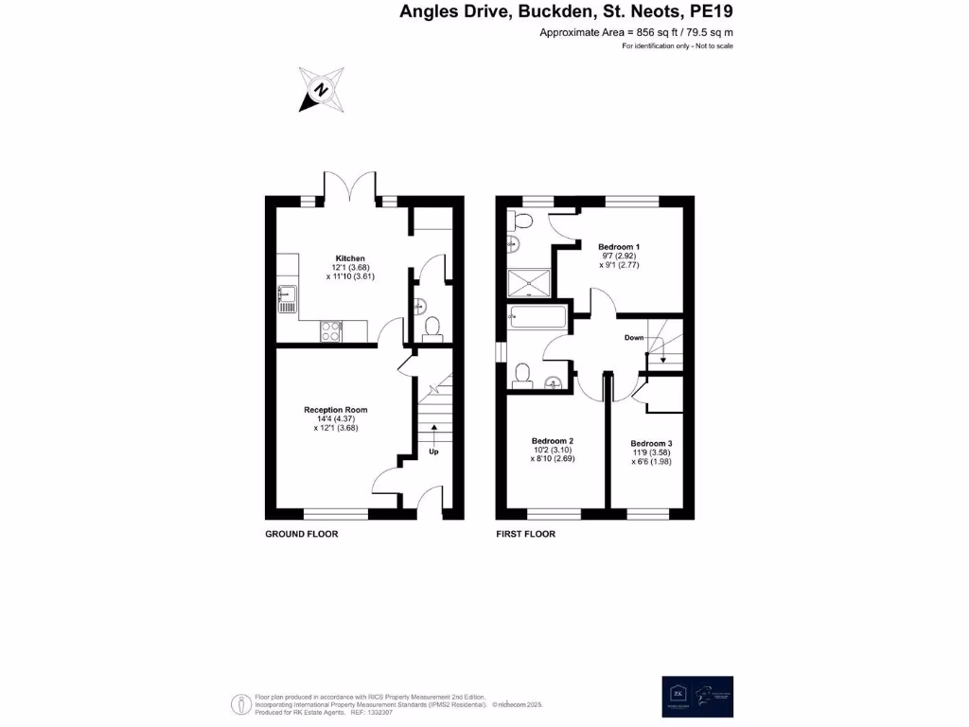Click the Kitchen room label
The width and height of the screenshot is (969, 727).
[350, 257]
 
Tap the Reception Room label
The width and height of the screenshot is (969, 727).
[335, 410]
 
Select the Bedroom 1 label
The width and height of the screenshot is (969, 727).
[619, 246]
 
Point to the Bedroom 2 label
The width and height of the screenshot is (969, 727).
[553, 441]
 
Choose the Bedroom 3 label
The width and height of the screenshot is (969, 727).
[652, 444]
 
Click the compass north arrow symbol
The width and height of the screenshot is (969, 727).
[320, 90]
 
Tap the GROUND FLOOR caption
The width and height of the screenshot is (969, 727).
[302, 534]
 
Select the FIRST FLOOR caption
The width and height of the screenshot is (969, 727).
[526, 534]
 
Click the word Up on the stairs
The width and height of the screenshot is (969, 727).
[434, 452]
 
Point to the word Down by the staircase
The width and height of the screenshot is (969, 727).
[634, 338]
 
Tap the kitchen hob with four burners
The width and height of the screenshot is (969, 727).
[332, 330]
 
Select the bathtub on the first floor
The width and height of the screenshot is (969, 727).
[537, 317]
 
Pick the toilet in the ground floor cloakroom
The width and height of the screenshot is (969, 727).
[432, 328]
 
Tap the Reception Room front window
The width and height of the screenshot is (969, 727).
[335, 515]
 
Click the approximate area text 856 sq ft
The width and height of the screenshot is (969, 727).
[636, 32]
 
